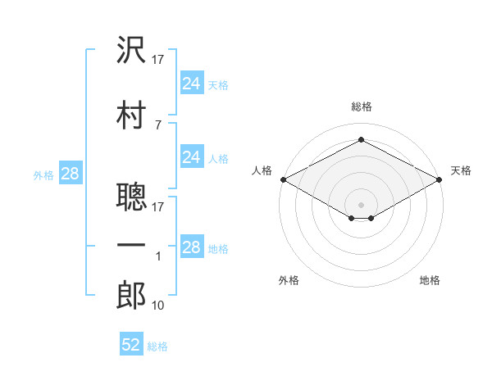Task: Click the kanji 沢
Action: (131, 49)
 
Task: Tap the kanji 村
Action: (131, 115)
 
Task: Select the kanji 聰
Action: (131, 197)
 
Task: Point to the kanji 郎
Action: (131, 295)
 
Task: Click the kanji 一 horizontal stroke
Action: (131, 245)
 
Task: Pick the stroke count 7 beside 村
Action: (158, 125)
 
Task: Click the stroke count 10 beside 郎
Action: (157, 306)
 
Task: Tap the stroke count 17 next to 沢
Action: (157, 60)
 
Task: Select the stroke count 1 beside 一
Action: (158, 256)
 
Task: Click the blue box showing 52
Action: (131, 343)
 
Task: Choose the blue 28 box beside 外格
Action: (71, 173)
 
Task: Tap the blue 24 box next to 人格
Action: (192, 156)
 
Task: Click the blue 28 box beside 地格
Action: (192, 246)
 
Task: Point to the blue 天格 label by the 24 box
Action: (218, 85)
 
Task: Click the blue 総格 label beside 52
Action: (157, 346)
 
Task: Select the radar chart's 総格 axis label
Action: (362, 106)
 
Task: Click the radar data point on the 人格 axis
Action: (284, 179)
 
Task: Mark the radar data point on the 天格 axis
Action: (440, 179)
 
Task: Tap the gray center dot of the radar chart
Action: (361, 205)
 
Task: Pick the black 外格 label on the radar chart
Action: (289, 280)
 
